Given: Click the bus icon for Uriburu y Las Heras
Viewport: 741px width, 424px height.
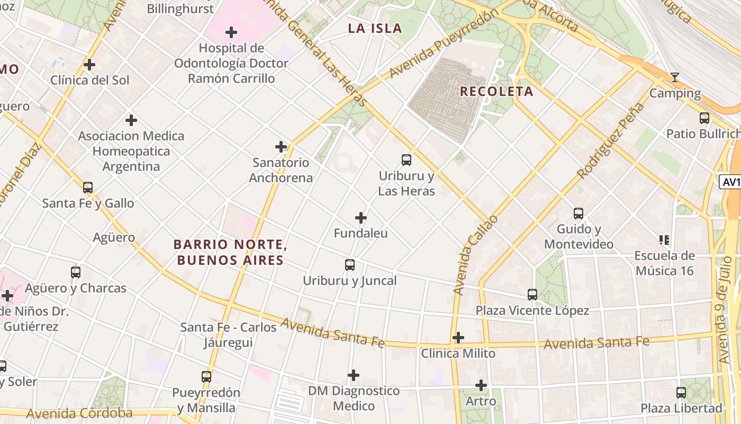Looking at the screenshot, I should click(406, 160).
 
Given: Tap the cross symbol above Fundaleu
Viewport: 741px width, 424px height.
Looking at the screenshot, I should click(361, 218).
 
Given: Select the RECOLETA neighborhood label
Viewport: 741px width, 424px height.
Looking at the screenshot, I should click(496, 91).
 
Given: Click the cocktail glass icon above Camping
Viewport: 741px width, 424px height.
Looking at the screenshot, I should click(674, 77).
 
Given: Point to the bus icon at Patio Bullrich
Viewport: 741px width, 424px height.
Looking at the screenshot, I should click(704, 118).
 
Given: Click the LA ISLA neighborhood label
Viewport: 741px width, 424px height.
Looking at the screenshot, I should click(375, 29).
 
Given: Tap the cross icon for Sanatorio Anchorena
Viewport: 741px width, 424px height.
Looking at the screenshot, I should click(281, 147).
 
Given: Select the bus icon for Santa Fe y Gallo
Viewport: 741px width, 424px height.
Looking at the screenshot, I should click(88, 187).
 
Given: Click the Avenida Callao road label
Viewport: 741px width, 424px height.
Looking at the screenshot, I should click(476, 254).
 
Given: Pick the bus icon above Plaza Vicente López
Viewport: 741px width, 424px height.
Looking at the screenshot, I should click(532, 294).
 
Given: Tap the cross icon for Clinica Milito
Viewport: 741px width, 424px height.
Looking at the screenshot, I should click(458, 338).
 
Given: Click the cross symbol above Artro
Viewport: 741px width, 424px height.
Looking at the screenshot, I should click(481, 385).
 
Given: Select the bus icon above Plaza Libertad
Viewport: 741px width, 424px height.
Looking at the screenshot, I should click(681, 393).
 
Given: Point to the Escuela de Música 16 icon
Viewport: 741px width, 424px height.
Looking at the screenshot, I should click(664, 240).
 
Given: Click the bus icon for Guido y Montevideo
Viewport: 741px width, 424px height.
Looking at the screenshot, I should click(579, 214).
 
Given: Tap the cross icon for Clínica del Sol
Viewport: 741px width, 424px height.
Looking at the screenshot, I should click(89, 65).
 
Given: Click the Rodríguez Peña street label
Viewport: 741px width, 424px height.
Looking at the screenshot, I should click(611, 140).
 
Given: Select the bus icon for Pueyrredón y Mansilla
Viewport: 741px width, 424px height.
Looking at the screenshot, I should click(206, 377).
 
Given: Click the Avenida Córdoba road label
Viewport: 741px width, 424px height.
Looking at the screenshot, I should click(79, 413).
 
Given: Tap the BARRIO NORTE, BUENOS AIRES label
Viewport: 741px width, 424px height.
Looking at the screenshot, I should click(230, 252).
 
